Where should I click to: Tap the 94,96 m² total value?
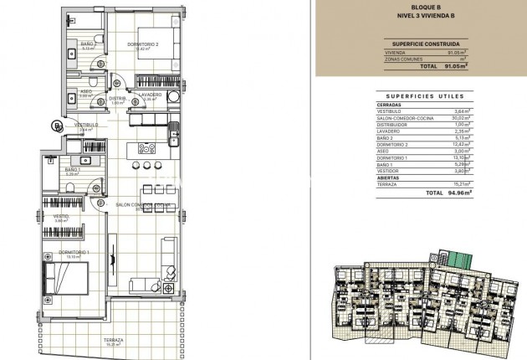tap(458, 193)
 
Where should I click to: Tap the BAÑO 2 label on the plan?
tap(86, 44)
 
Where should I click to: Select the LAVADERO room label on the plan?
tap(151, 95)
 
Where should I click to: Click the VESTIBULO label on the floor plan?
tap(85, 125)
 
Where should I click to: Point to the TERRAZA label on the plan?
tap(115, 340)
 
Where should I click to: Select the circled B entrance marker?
tap(57, 126)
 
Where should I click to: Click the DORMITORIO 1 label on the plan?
tap(75, 252)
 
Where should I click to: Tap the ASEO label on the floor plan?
tap(86, 91)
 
